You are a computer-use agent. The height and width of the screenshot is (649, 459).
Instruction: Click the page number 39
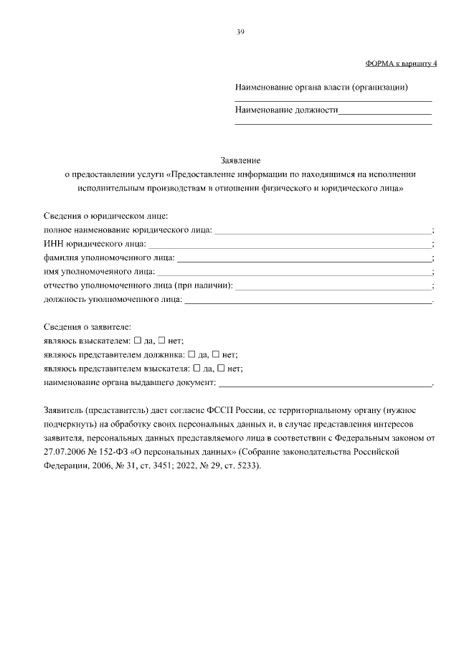click(x=240, y=32)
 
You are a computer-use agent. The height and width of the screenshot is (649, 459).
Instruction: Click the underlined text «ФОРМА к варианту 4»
click(x=401, y=63)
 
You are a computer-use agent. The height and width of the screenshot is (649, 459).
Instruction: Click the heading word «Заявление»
click(x=240, y=161)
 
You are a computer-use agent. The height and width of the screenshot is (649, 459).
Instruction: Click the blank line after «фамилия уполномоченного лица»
click(x=304, y=257)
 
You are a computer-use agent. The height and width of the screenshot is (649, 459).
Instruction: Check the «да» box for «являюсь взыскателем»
click(x=138, y=341)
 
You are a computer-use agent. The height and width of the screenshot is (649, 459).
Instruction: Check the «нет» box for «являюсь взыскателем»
click(x=162, y=341)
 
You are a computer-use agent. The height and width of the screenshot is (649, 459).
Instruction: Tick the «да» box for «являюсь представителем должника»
click(x=191, y=354)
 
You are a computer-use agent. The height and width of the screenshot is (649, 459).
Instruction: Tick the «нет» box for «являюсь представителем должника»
click(x=216, y=354)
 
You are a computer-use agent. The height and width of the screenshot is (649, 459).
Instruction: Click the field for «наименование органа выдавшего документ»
click(x=325, y=383)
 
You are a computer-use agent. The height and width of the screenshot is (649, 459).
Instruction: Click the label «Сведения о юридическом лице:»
click(x=105, y=217)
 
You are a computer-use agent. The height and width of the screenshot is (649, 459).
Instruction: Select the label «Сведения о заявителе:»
click(x=87, y=327)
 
